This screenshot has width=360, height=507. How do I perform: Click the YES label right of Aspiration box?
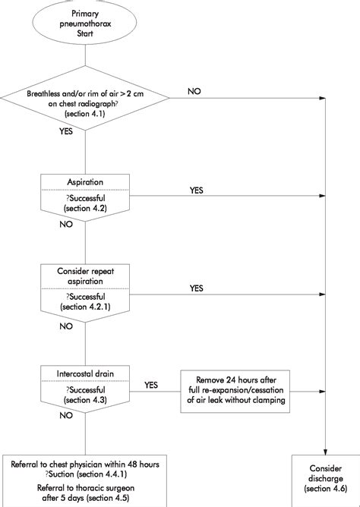click(197, 191)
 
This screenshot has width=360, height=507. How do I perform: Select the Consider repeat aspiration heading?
click(85, 275)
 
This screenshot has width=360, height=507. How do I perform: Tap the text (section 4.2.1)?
click(85, 306)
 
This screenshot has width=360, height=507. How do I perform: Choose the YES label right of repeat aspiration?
click(197, 288)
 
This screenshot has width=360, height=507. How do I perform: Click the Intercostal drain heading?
click(85, 371)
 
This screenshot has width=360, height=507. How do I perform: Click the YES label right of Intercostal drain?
click(150, 385)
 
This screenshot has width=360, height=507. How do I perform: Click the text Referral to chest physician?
click(85, 464)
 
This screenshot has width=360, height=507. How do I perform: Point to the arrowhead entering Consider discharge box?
click(326, 452)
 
